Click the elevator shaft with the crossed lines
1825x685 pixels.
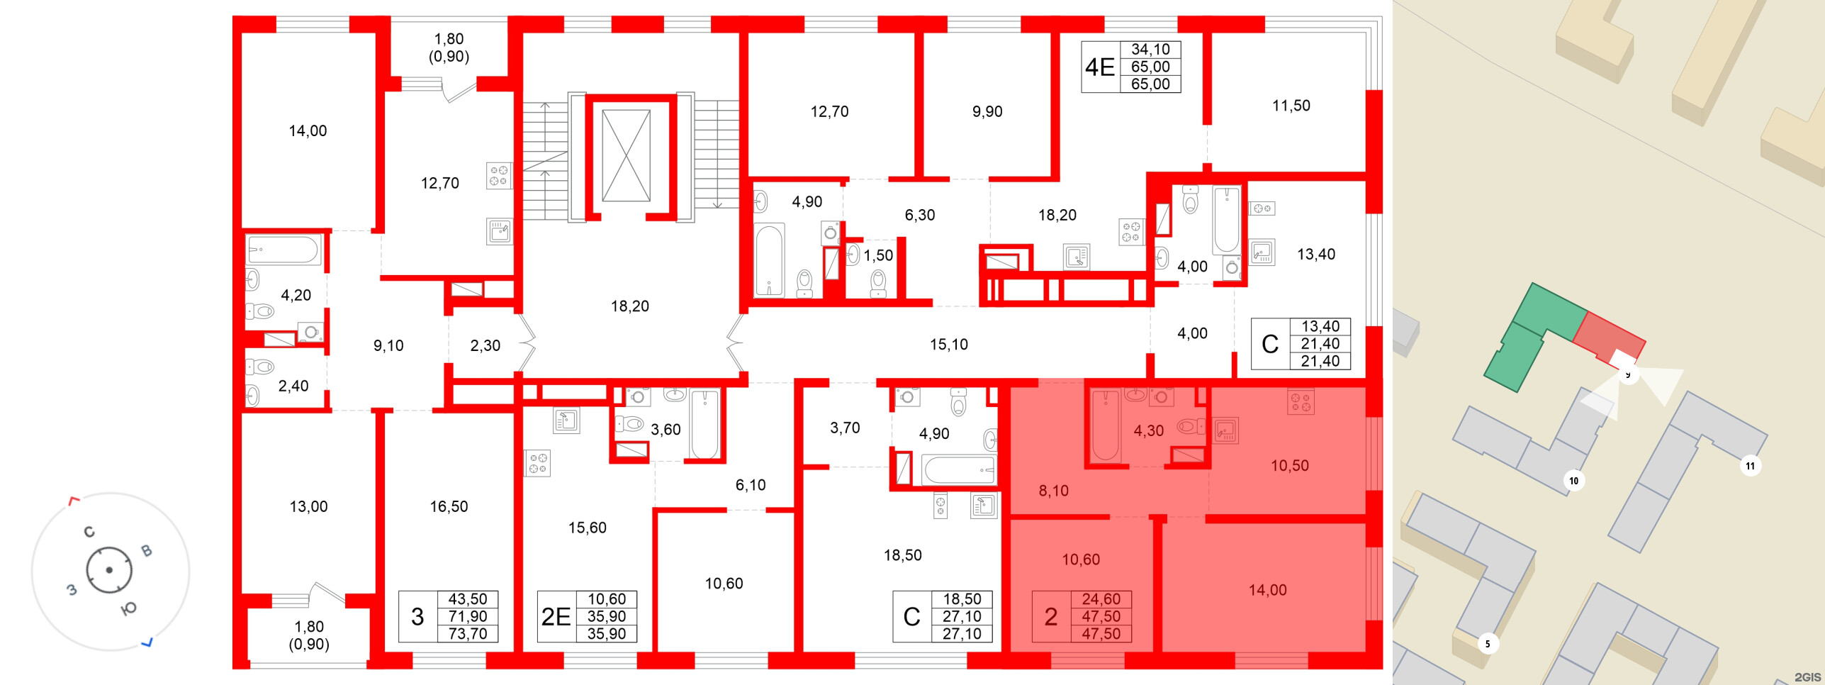[626, 155]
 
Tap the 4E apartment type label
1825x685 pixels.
[1099, 67]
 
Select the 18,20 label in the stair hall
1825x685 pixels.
[629, 306]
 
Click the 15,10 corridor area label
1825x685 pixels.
[948, 345]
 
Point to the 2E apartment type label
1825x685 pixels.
[556, 617]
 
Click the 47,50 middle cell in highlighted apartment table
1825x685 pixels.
[1101, 617]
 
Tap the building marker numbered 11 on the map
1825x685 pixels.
[1750, 466]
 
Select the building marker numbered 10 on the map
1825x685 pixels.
[1573, 481]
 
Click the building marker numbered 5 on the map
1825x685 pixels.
[1487, 644]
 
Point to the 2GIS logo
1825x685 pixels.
[1807, 677]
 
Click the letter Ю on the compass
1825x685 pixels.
[129, 608]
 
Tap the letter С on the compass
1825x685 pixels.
[89, 532]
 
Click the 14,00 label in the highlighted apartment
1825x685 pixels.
[1267, 590]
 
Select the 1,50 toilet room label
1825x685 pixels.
[878, 255]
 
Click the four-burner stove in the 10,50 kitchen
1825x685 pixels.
[1301, 402]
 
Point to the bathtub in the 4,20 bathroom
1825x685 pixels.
[283, 250]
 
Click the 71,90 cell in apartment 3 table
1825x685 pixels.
[467, 617]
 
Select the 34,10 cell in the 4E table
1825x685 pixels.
[1150, 50]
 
